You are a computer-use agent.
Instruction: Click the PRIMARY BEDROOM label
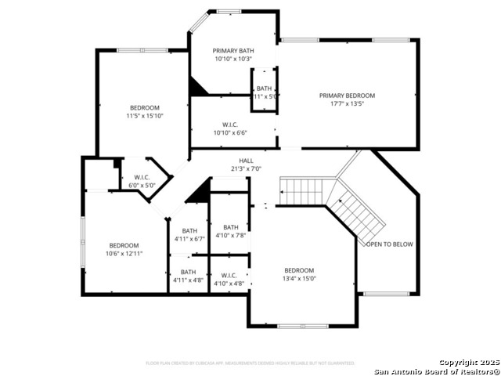347,96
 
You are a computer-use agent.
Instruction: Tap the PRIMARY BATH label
233,50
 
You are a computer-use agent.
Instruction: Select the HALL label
246,161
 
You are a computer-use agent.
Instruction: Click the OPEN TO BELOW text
390,244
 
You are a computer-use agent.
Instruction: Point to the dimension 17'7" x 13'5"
347,104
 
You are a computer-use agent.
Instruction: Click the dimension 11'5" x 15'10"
145,116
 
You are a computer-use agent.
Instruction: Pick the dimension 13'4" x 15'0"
299,278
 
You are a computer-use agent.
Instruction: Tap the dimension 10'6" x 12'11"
124,253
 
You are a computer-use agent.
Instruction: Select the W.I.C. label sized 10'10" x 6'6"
230,124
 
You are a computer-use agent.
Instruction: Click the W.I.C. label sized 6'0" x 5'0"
142,177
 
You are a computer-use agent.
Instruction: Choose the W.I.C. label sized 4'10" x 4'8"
229,275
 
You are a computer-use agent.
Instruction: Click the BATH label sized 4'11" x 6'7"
189,230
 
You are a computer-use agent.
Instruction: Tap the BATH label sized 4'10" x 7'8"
231,226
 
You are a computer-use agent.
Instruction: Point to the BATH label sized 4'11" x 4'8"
189,272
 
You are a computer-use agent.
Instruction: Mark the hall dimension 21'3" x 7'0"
246,168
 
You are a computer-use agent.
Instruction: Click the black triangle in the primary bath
196,88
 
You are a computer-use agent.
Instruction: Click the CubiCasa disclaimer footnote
250,363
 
